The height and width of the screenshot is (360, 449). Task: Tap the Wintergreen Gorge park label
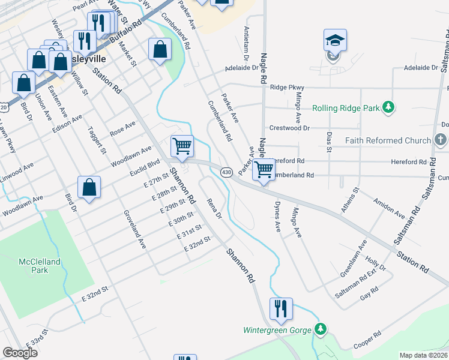277,330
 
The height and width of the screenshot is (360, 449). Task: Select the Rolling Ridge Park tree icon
389,108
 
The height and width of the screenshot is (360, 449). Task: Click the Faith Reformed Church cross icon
441,140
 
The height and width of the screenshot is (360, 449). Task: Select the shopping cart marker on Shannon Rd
182,146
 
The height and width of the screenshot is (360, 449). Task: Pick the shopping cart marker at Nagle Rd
264,170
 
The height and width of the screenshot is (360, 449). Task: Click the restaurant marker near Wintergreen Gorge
281,309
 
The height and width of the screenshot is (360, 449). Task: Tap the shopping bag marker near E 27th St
89,187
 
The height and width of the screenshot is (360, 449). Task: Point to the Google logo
20,353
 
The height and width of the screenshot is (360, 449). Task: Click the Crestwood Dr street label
289,128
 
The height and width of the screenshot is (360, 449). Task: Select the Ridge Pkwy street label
288,87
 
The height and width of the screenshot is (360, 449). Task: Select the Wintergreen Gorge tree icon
321,329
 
